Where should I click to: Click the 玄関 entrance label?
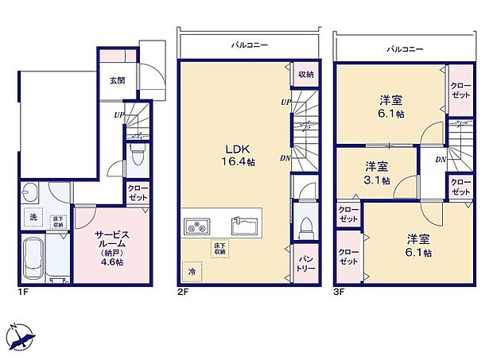coord(117,79)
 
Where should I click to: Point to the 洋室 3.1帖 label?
coord(377,173)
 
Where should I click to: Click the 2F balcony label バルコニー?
coord(249,46)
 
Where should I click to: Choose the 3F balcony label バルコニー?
coord(405,49)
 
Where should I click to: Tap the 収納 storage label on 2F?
coord(305,74)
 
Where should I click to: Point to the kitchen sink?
coord(245,225)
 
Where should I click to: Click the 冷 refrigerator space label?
coord(191,270)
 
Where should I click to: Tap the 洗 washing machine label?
coord(33,216)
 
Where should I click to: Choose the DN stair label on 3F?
coord(440,160)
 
